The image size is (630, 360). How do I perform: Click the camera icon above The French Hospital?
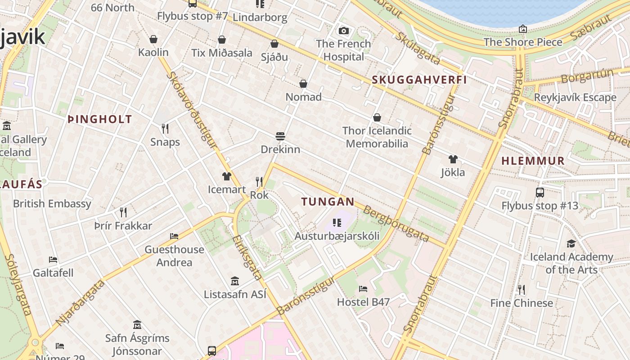pos(344,31)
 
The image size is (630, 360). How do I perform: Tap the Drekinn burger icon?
pos(280,136)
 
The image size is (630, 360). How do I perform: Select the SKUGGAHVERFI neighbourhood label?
pos(419,80)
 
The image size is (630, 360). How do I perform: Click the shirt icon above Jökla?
pos(453,159)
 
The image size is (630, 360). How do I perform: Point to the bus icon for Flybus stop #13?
pos(540,193)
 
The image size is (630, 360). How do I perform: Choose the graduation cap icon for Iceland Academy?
pos(571,243)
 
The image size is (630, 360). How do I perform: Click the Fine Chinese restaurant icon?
pos(521,289)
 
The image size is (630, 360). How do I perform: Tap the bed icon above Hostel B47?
pos(363,288)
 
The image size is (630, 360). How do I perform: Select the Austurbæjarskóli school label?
pos(337,236)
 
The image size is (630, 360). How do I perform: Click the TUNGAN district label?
pos(328,202)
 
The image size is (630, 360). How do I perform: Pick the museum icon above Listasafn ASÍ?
pos(234,281)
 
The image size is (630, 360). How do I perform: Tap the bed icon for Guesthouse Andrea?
pos(174,236)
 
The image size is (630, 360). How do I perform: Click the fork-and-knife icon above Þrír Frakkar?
pos(123,212)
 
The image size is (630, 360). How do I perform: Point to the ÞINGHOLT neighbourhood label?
pos(100,119)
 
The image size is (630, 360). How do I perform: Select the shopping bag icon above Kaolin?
pos(153,39)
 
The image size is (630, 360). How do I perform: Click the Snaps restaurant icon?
pos(165,129)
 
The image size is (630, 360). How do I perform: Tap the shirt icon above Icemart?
pos(226,176)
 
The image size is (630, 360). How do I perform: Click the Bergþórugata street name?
pos(396,224)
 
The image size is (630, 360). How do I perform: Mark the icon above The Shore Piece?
pos(523,29)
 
